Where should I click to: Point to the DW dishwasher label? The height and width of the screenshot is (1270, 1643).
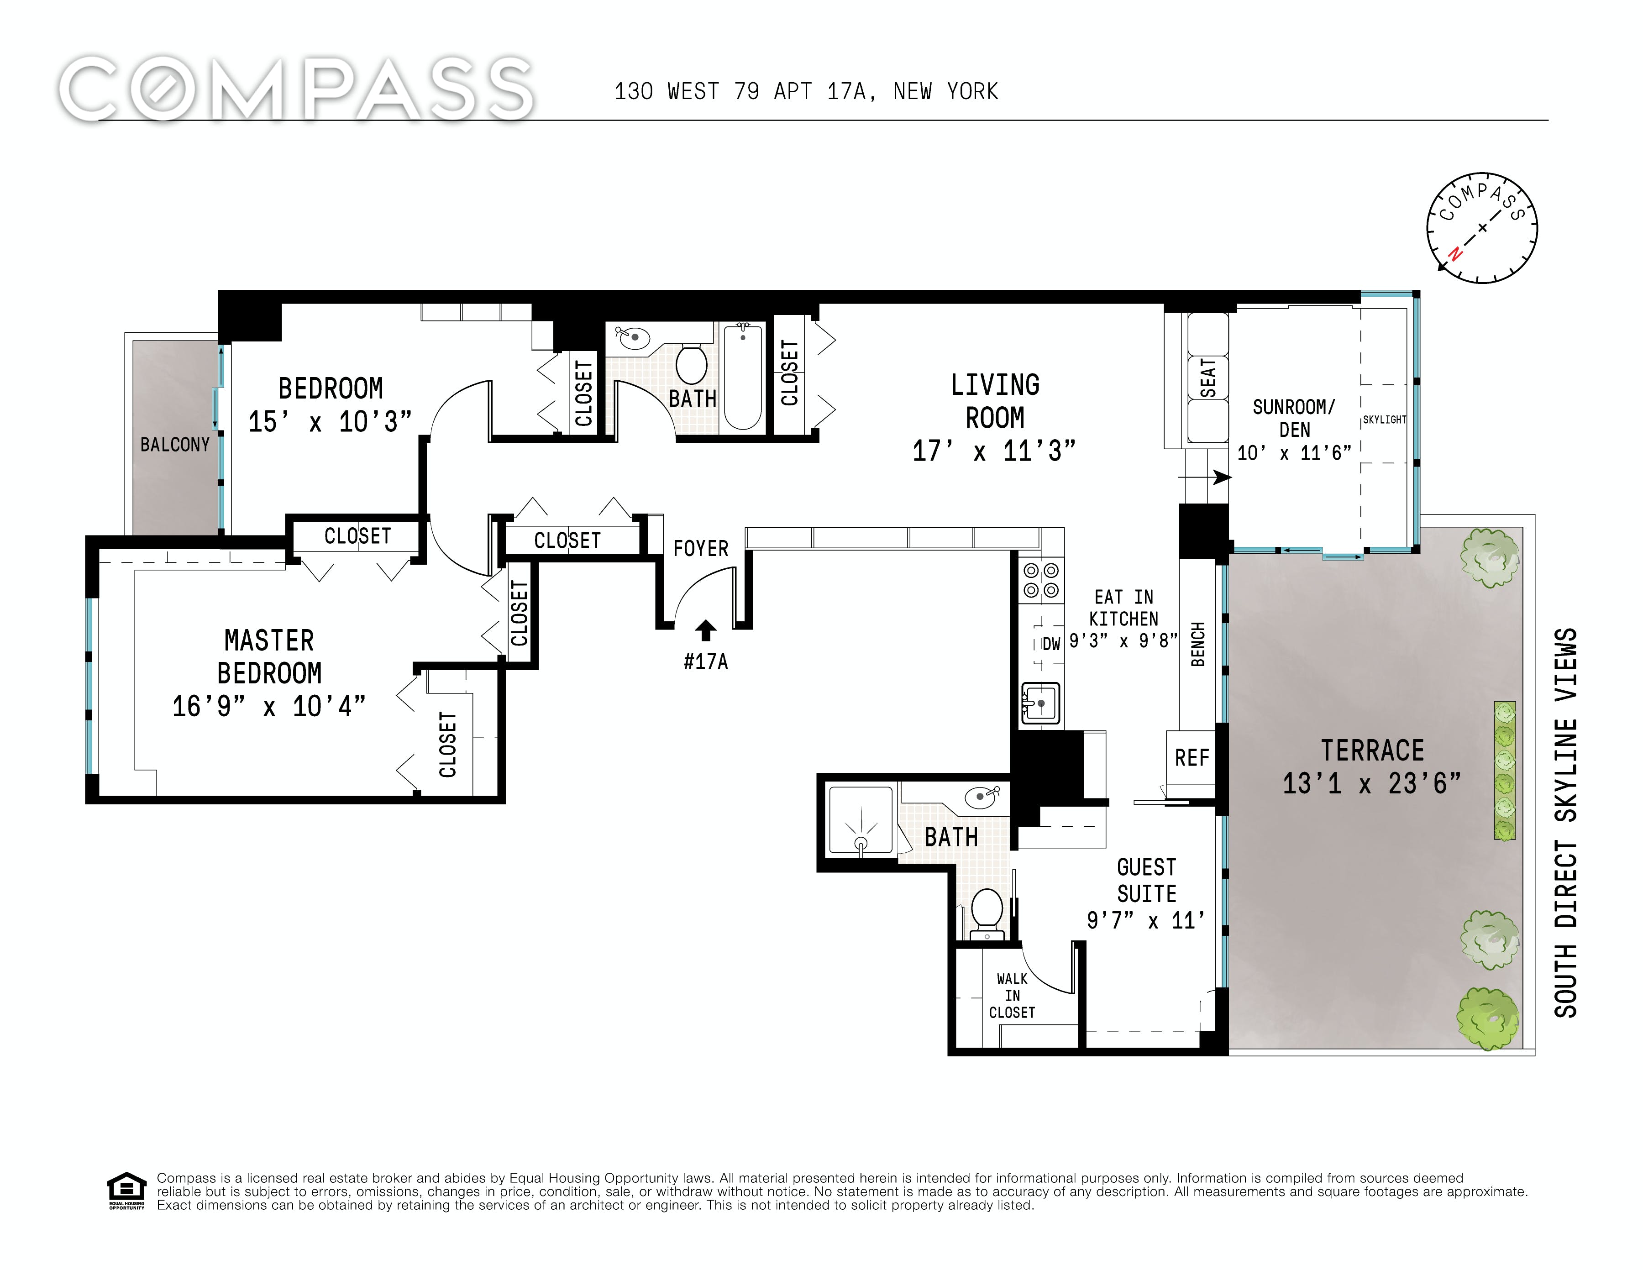(1051, 644)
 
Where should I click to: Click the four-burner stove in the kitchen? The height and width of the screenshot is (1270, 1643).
(1041, 580)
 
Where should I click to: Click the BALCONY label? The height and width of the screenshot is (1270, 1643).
(175, 445)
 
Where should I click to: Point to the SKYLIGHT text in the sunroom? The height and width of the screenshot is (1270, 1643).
(1384, 420)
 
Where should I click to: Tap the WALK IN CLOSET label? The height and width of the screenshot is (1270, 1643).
(1012, 995)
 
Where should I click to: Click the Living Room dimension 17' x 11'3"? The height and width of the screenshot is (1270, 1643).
(994, 451)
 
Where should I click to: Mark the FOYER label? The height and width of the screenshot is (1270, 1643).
(701, 548)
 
